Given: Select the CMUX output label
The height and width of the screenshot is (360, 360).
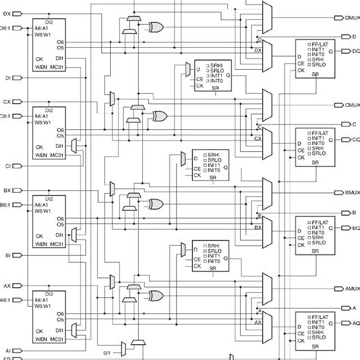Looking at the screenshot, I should (x=352, y=105).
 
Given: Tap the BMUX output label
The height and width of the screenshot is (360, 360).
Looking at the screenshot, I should (x=352, y=192).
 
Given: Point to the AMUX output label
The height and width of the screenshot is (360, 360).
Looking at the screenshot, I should (x=352, y=289).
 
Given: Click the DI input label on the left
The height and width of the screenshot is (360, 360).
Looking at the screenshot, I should (x=7, y=77).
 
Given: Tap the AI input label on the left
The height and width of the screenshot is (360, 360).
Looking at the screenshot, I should (x=7, y=350).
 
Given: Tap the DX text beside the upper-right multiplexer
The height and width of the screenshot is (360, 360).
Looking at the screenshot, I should (x=257, y=52).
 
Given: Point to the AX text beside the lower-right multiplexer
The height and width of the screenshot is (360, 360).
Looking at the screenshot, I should (x=257, y=321).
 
